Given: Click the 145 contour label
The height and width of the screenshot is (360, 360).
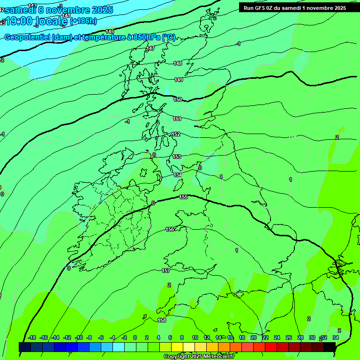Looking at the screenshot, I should point(110,31).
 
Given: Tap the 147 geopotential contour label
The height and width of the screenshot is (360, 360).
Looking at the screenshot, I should point(150,48).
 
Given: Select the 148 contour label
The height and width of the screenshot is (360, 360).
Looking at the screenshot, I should point(178,63).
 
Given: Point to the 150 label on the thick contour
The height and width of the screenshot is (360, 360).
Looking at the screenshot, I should point(178,99).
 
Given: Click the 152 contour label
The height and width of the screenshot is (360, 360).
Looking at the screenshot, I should point(176,134).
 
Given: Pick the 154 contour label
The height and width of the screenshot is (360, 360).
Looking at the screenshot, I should point(178,175).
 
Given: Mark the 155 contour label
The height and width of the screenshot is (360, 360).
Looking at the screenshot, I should point(184,197).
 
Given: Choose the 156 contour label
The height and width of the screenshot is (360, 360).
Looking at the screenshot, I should point(170,229).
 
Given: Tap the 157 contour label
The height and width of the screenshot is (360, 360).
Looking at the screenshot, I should point(166,271).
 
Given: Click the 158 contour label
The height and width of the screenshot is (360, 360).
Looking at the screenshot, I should point(162,320).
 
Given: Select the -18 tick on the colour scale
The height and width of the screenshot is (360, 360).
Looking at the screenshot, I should point(32,337).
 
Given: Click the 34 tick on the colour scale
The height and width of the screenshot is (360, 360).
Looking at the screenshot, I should point(336,337).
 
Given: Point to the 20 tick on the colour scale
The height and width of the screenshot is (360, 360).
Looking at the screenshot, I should point(253,337).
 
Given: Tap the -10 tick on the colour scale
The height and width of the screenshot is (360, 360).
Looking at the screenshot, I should point(79,337).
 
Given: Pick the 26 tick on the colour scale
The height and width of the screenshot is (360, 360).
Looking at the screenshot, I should point(288,337).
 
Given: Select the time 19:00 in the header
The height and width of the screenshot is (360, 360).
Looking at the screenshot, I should point(22,21).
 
